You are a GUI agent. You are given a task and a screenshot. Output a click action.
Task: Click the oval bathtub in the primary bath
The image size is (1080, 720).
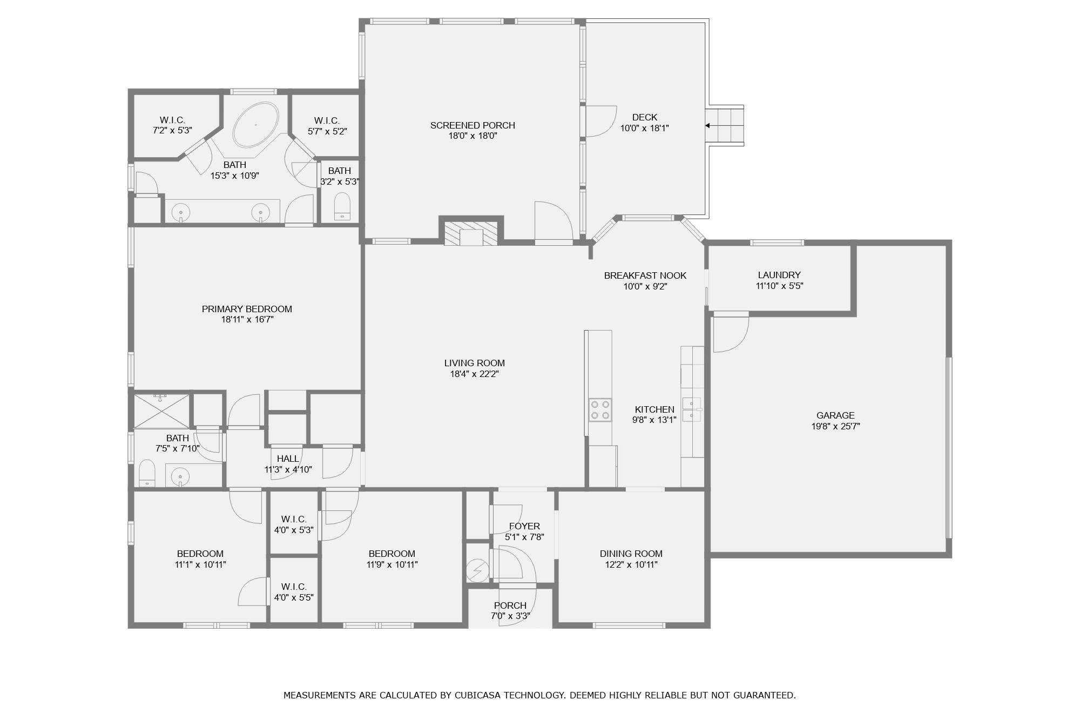[255, 124]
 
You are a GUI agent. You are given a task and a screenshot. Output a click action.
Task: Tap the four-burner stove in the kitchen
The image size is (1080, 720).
[600, 409]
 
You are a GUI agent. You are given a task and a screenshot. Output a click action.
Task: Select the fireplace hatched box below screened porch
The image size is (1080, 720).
[471, 233]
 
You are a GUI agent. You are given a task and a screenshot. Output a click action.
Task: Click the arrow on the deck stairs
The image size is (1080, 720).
[707, 126]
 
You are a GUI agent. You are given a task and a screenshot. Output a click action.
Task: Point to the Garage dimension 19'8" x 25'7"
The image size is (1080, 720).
[835, 426]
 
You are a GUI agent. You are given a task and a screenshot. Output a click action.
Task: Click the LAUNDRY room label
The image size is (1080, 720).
[779, 275]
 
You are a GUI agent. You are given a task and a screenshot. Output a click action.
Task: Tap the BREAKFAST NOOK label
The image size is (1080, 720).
[645, 275]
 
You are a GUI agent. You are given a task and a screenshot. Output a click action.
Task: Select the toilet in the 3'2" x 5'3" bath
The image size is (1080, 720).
[342, 206]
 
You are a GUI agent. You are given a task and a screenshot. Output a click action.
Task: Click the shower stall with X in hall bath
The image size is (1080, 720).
[161, 411]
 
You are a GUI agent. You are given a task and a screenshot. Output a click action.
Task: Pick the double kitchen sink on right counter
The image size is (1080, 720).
[692, 409]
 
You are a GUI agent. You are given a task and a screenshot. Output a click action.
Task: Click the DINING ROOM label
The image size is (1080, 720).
[631, 554]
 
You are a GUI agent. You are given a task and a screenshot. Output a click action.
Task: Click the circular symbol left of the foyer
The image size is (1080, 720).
[477, 570]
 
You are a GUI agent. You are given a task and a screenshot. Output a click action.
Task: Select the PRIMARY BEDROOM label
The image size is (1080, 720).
[247, 309]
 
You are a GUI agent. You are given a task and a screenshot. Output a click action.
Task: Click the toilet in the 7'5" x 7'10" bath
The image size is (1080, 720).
[147, 474]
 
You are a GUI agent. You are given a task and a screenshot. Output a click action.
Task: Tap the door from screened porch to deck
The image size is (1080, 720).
[600, 121]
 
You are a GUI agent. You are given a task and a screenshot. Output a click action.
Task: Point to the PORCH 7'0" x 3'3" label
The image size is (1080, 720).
[510, 605]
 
